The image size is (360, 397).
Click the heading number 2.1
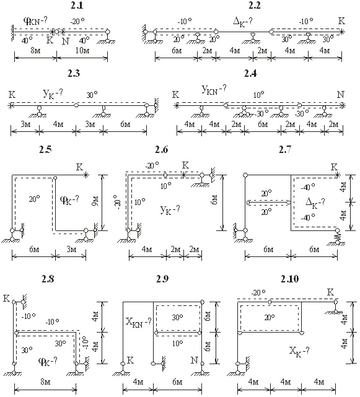tap(76, 5)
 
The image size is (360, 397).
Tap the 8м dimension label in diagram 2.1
tap(35, 51)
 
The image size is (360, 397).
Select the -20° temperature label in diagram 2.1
tap(77, 22)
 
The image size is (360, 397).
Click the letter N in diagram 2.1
tap(65, 41)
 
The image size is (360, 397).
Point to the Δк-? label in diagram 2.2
tap(242, 22)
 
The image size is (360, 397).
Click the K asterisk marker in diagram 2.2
tap(342, 32)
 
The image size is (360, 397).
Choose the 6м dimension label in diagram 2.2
tap(177, 51)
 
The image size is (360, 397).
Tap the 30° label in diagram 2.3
tap(92, 95)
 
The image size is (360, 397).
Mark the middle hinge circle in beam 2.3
tap(76, 105)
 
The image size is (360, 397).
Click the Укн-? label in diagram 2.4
tap(214, 90)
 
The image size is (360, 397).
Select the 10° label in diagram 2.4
tap(258, 95)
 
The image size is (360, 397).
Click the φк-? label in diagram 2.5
tap(69, 200)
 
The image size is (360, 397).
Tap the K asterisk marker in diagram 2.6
tap(184, 175)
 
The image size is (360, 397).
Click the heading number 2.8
tap(48, 279)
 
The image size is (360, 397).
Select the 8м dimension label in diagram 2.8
tap(45, 382)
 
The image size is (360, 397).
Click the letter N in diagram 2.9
tap(194, 360)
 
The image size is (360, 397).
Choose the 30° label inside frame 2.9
tap(178, 317)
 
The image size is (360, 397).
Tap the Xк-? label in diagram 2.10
tap(299, 351)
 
